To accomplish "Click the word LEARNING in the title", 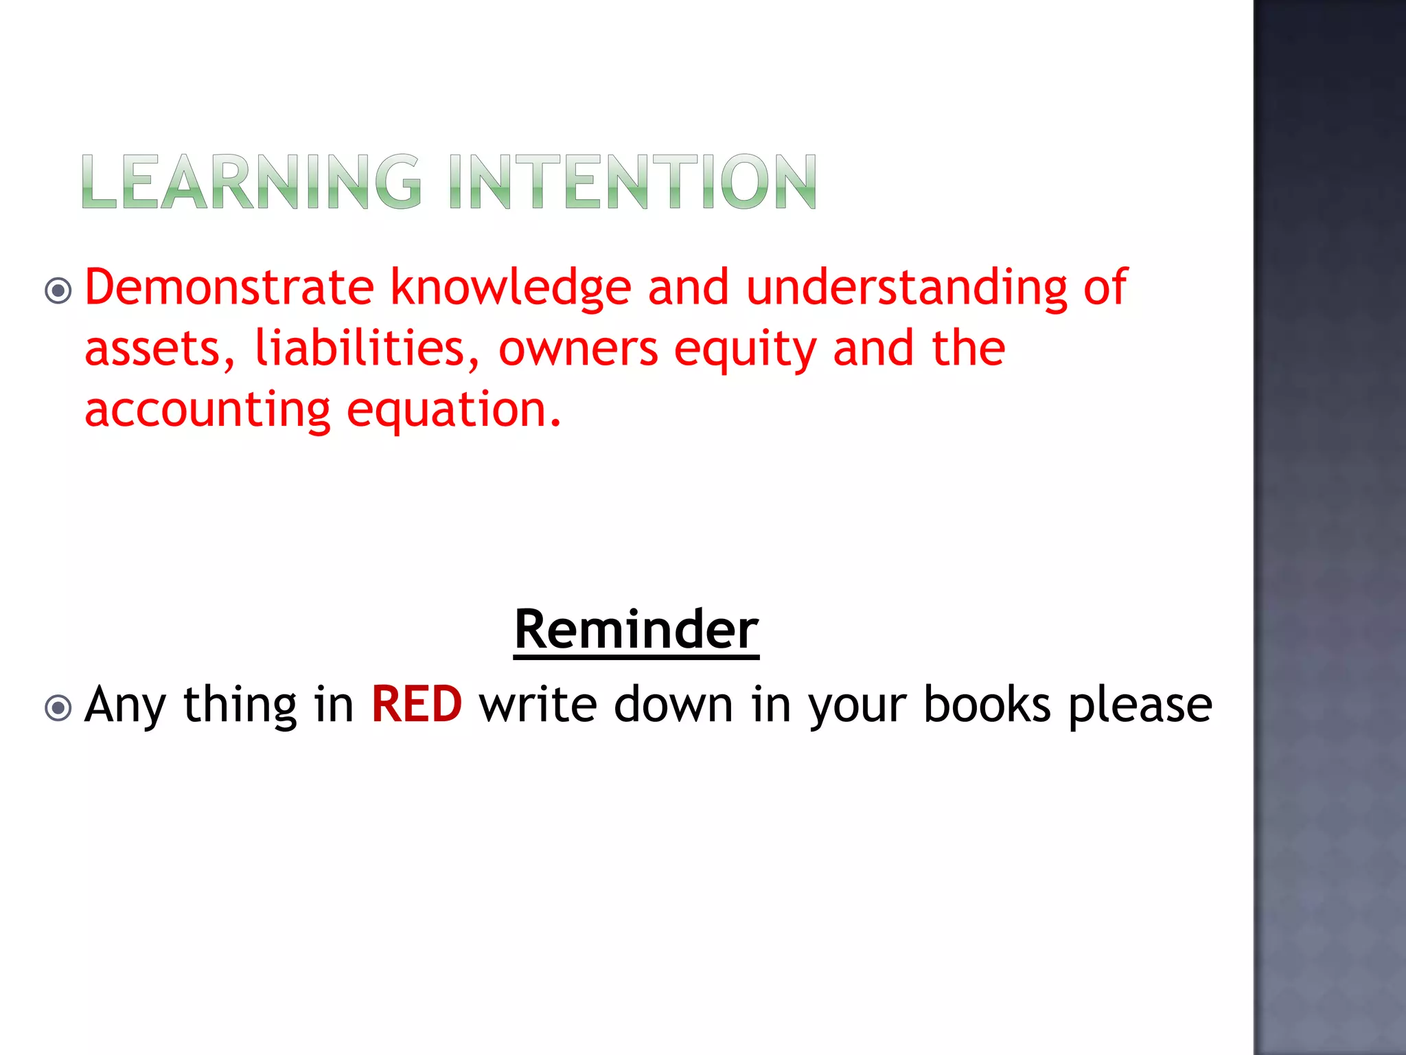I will coord(251,182).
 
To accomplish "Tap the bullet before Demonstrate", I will coord(58,291).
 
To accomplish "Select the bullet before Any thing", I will coord(58,708).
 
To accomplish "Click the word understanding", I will coord(906,286).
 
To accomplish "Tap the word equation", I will coord(453,411).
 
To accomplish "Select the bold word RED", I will coord(417,705).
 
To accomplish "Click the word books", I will coord(987,705).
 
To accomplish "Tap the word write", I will coord(538,705).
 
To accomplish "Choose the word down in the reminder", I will coord(673,705).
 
